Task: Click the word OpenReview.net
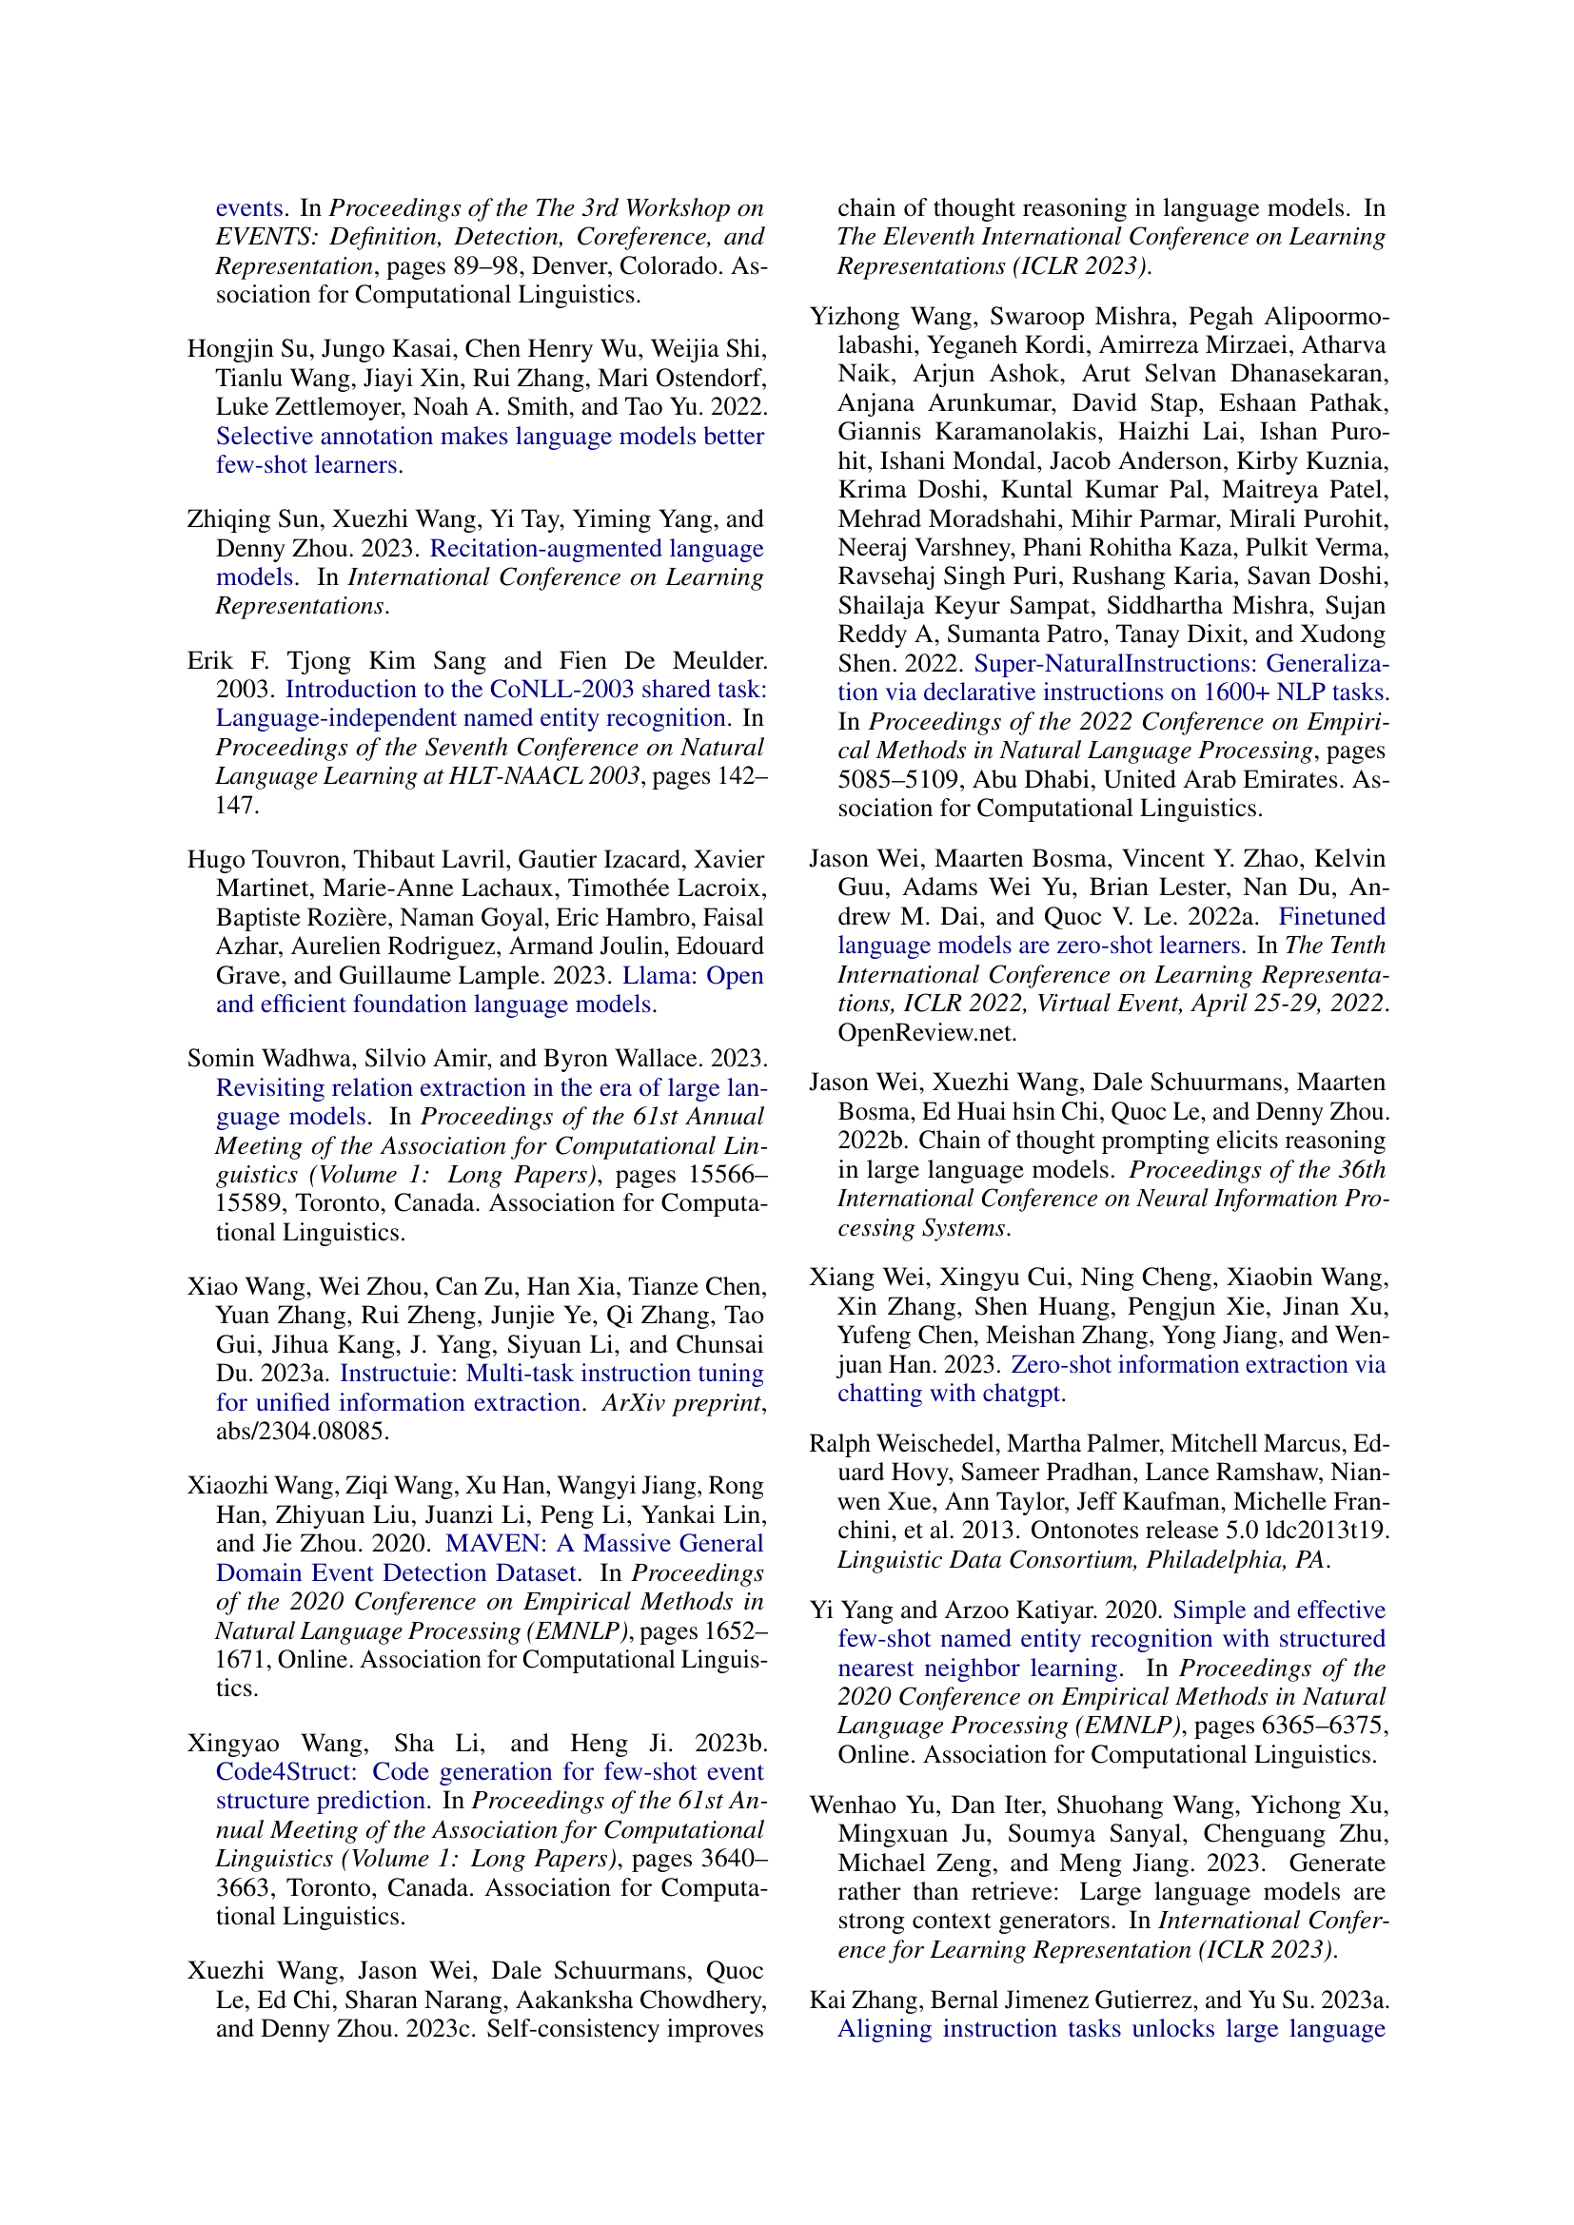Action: [x=927, y=1033]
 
